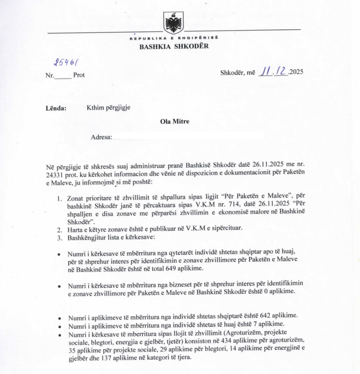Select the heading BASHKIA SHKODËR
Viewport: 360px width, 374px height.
(x=174, y=46)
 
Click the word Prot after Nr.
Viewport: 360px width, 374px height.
(x=79, y=75)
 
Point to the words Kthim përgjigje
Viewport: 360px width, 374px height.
(x=108, y=108)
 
